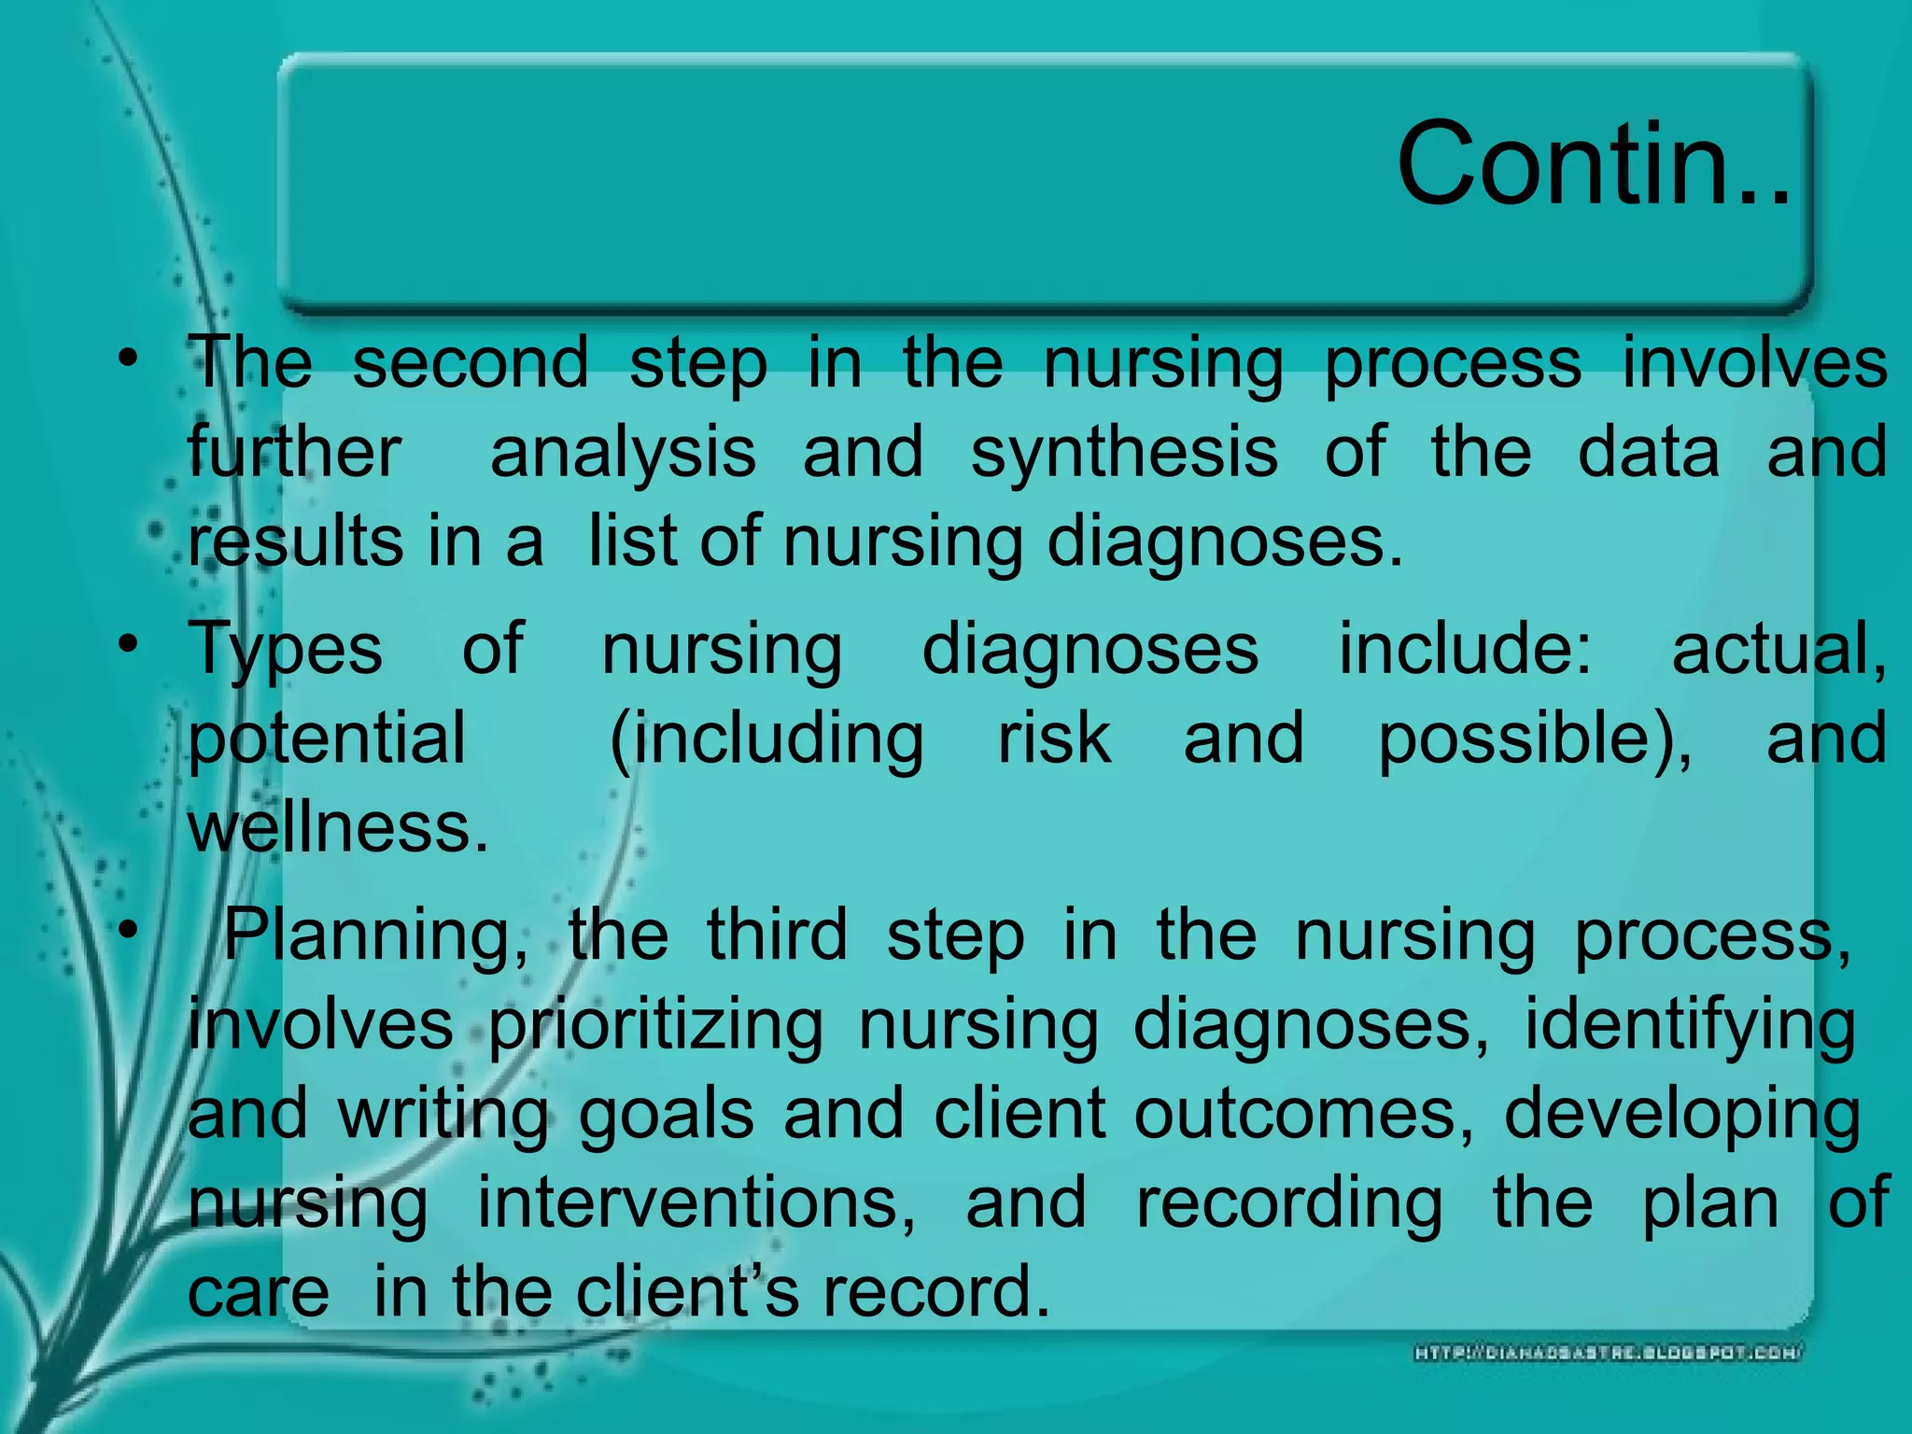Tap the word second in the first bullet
click(471, 364)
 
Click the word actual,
click(1778, 649)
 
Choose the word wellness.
click(338, 828)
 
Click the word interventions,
click(696, 1203)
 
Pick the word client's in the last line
click(687, 1292)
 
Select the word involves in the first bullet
click(1754, 364)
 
